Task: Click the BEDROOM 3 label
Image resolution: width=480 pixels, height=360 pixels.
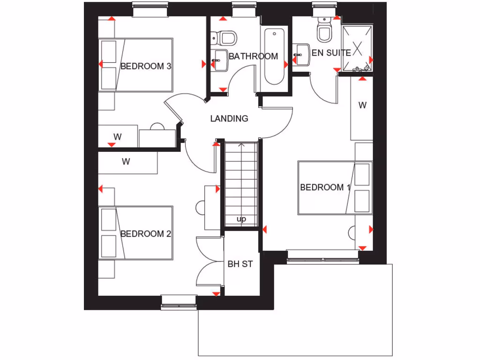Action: point(145,66)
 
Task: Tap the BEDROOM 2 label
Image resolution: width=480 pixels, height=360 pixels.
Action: point(145,234)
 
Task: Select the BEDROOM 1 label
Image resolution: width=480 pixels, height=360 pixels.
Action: point(325,187)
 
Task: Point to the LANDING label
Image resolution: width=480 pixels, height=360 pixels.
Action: point(229,119)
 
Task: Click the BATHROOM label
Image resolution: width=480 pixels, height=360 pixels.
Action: point(253,56)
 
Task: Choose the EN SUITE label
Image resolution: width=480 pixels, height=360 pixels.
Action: point(331,53)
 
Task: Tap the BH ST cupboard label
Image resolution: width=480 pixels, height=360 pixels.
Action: point(240,264)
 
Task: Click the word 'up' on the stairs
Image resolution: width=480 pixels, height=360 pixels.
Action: point(241,219)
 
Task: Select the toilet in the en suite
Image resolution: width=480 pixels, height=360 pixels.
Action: point(324,31)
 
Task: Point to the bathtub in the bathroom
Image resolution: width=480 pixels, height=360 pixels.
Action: point(274,56)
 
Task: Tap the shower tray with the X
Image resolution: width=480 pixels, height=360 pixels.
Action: point(358,48)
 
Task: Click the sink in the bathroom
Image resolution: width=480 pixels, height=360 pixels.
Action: point(218,60)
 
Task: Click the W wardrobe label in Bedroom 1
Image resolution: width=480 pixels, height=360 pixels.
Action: point(362,105)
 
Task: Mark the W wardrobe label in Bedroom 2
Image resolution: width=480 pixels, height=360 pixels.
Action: point(126,162)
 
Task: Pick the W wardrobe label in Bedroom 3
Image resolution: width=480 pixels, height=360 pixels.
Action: point(118,137)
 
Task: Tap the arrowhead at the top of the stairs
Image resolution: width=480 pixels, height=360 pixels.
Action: point(241,145)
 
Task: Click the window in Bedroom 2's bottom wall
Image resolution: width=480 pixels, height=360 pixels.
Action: point(179,302)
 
